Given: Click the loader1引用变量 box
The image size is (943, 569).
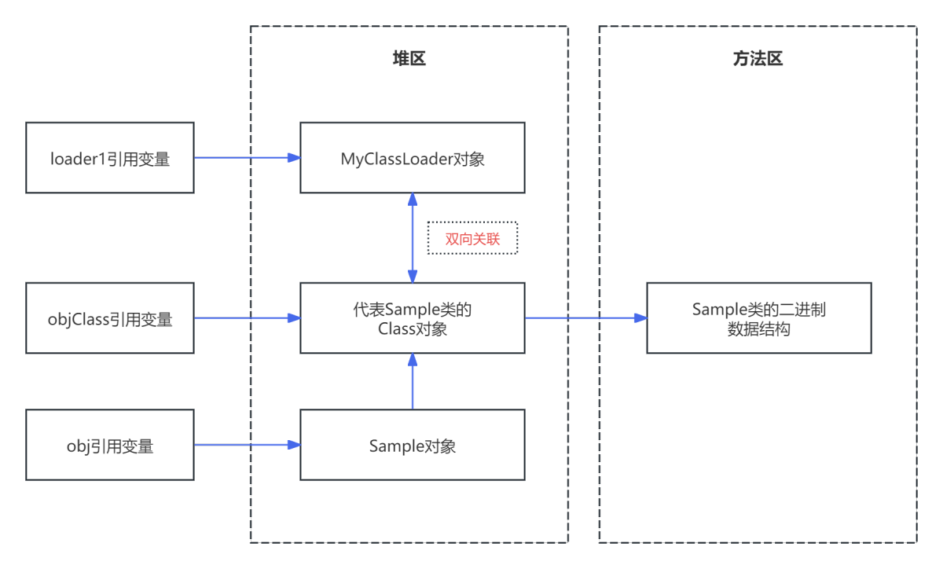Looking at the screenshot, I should tap(110, 157).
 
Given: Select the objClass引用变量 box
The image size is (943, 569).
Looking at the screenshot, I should tap(110, 318).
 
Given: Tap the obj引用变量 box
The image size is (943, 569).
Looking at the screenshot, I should tap(110, 445).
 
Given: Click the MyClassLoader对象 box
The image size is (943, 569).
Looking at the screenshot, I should tap(413, 157).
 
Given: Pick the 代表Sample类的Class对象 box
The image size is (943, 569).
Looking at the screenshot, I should tap(413, 318).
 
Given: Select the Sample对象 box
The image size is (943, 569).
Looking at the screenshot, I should tap(413, 445).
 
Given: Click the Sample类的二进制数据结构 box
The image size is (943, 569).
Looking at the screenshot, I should tap(759, 318).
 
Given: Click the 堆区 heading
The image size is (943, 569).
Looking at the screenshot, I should tap(409, 59).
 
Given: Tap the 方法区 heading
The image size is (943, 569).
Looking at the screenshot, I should tap(758, 59).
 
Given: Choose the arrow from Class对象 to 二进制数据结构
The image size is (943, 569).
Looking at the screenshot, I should tap(585, 318).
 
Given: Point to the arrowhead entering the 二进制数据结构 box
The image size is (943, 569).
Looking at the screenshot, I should tap(641, 318).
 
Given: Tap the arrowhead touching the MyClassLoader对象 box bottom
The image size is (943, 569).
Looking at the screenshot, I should tap(413, 199).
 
